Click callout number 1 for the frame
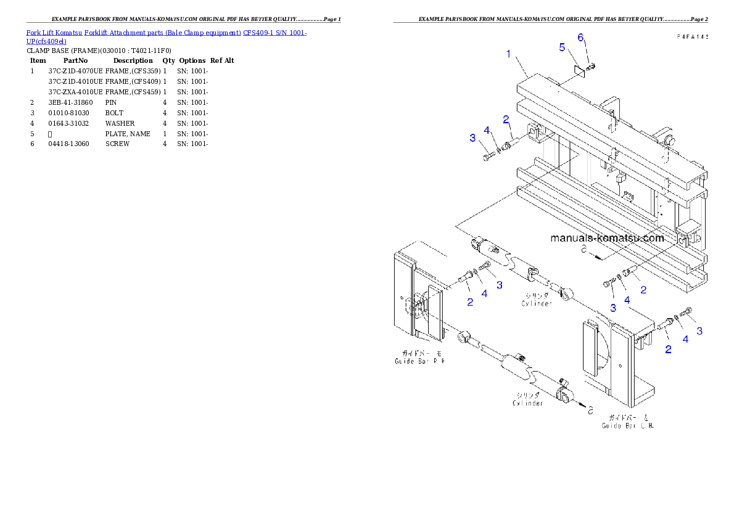pyautogui.click(x=508, y=54)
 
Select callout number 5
pyautogui.click(x=562, y=47)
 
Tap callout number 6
pyautogui.click(x=580, y=37)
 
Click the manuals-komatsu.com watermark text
pyautogui.click(x=606, y=239)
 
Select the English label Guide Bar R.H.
pyautogui.click(x=419, y=362)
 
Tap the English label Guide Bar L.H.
pyautogui.click(x=628, y=425)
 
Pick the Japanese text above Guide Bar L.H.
pyautogui.click(x=629, y=417)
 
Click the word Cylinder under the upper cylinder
pyautogui.click(x=537, y=303)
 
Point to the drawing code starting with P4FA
pyautogui.click(x=691, y=37)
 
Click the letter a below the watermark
pyautogui.click(x=583, y=250)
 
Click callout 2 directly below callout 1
pyautogui.click(x=505, y=119)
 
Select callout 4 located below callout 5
pyautogui.click(x=487, y=131)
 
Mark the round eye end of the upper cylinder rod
pyautogui.click(x=567, y=290)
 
